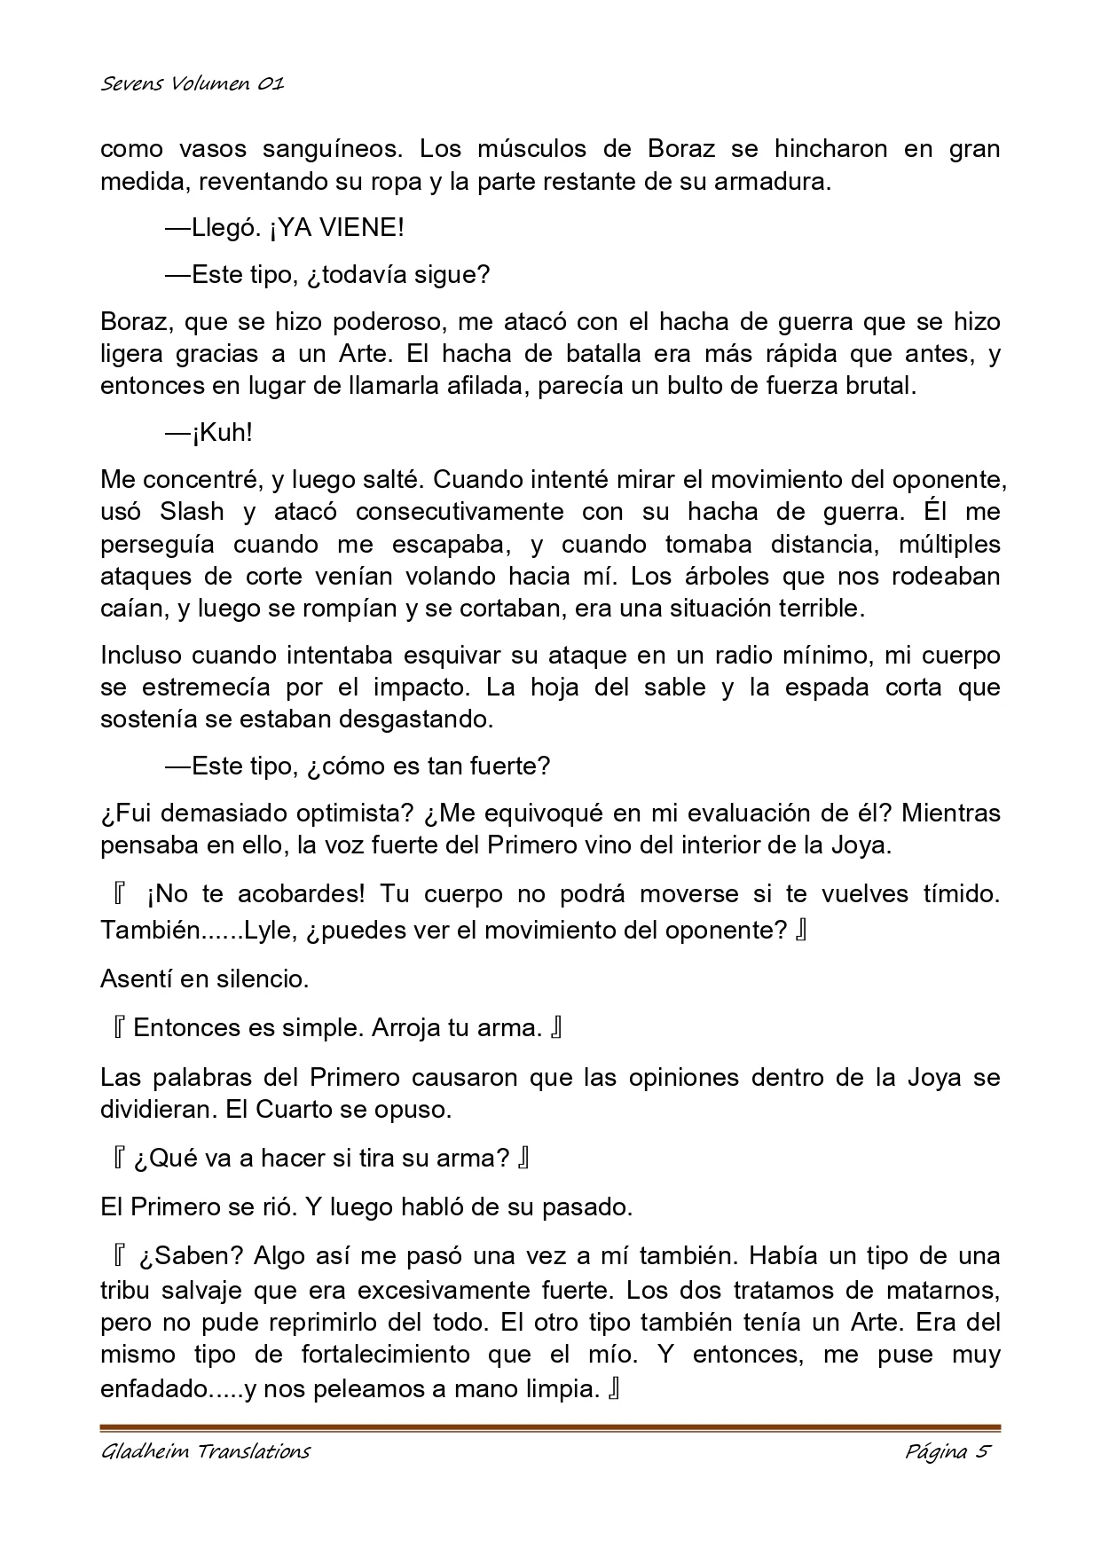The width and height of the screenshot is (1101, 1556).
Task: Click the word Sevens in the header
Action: tap(125, 84)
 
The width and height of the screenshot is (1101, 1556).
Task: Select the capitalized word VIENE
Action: tap(360, 228)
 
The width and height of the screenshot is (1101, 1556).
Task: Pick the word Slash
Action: tap(192, 512)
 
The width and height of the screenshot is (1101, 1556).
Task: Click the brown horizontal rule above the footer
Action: tap(550, 1428)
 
